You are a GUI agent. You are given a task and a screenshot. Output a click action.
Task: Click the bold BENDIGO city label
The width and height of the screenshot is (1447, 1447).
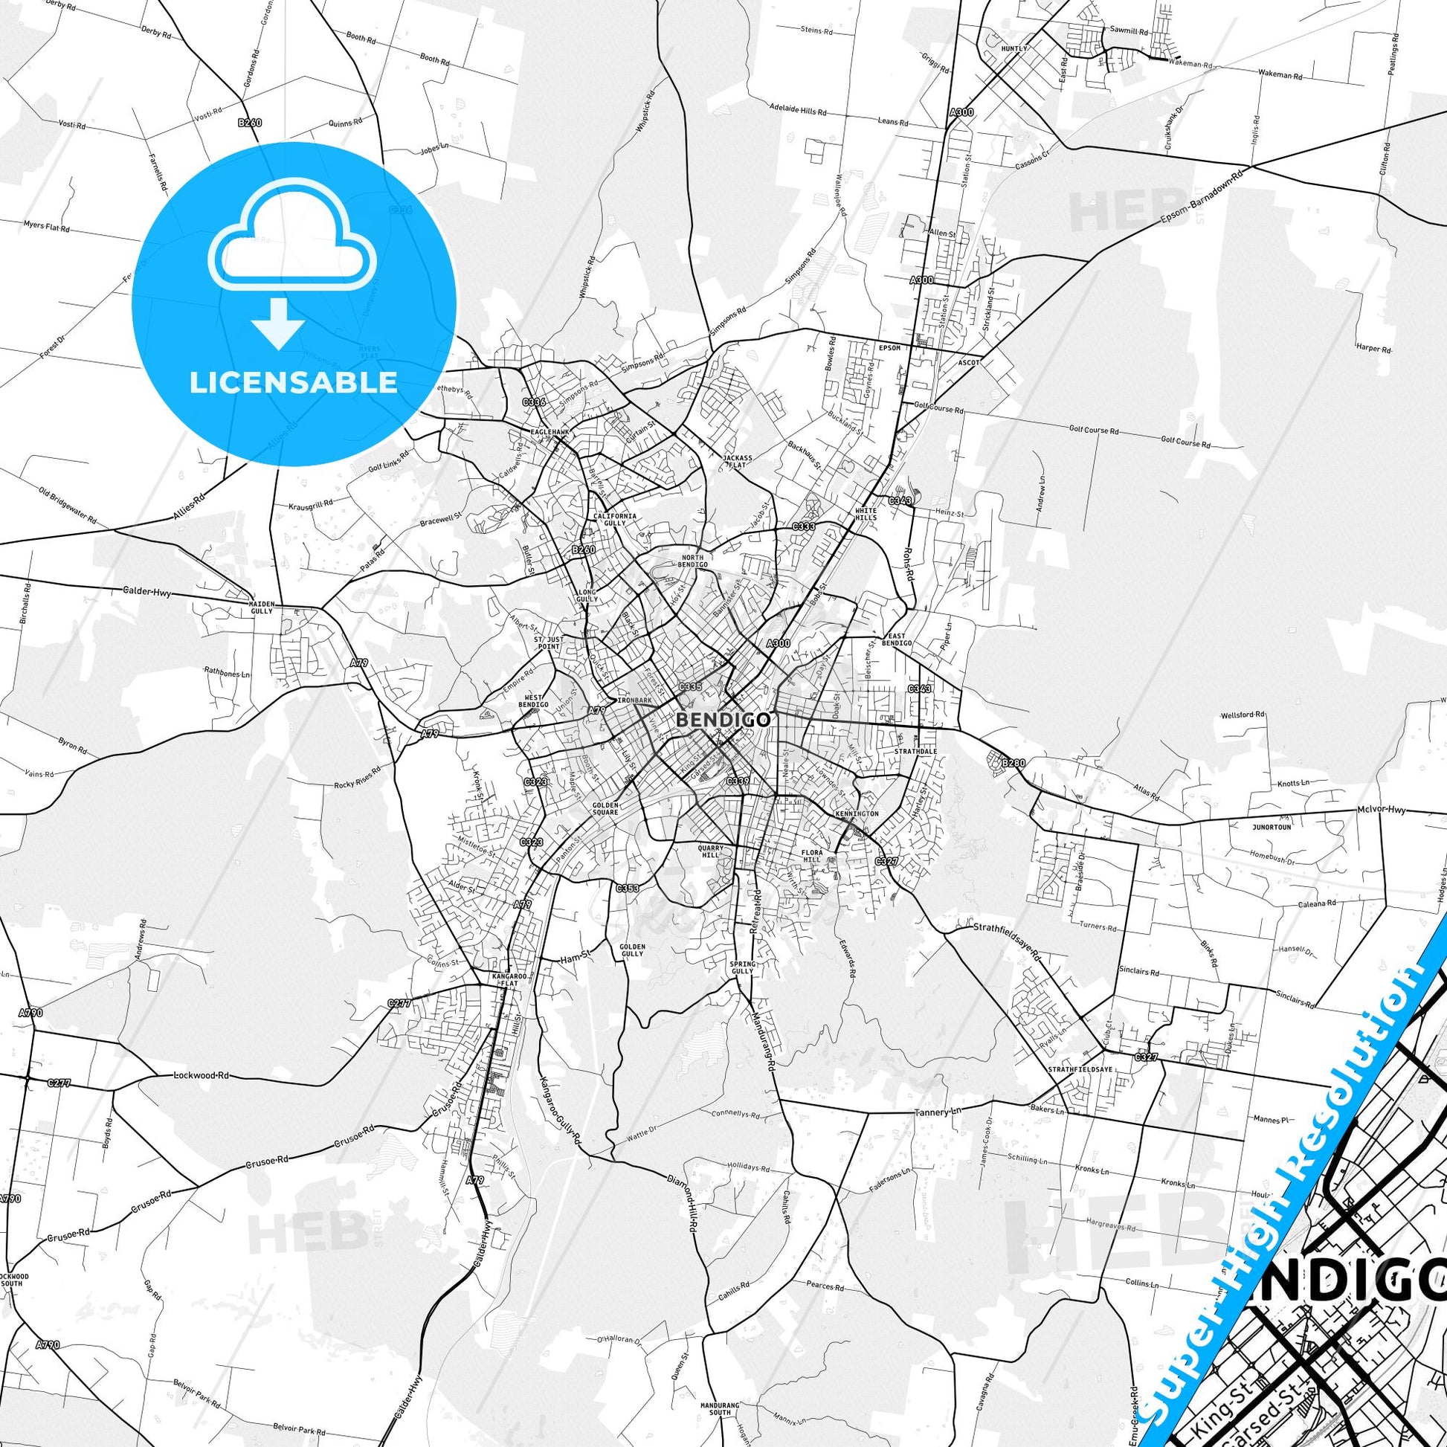click(723, 720)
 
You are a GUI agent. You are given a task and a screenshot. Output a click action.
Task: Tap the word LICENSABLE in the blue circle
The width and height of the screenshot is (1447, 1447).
click(294, 382)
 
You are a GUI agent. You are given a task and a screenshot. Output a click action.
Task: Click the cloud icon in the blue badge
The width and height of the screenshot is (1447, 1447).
click(294, 238)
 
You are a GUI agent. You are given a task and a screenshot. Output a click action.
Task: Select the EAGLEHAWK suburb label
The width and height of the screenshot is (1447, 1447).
click(545, 432)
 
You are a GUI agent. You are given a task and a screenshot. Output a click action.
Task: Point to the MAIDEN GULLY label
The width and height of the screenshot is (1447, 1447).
click(262, 607)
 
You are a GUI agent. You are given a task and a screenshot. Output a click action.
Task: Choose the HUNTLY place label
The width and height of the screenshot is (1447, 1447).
click(1015, 48)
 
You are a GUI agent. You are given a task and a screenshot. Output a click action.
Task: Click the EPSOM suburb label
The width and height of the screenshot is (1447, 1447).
click(890, 348)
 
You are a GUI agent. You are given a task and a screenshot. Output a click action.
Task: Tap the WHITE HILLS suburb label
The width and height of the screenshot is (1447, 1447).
click(866, 514)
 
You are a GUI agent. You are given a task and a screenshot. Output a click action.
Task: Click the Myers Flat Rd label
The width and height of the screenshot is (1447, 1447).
click(45, 225)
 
